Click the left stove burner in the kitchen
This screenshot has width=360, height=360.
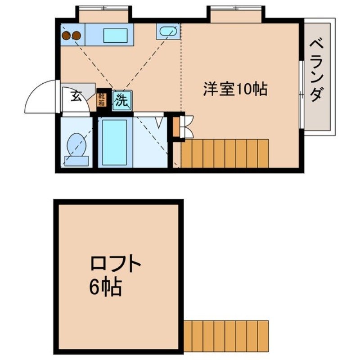[67, 35]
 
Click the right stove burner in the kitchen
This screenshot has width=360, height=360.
[76, 35]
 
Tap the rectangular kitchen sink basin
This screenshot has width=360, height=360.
[116, 35]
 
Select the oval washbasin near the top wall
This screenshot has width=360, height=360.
[167, 31]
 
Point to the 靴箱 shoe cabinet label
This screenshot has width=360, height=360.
[102, 99]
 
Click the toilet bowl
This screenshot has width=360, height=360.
[75, 143]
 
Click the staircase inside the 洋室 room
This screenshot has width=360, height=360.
[225, 153]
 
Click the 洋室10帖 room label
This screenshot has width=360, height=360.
[235, 89]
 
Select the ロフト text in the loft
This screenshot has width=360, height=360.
[116, 265]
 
